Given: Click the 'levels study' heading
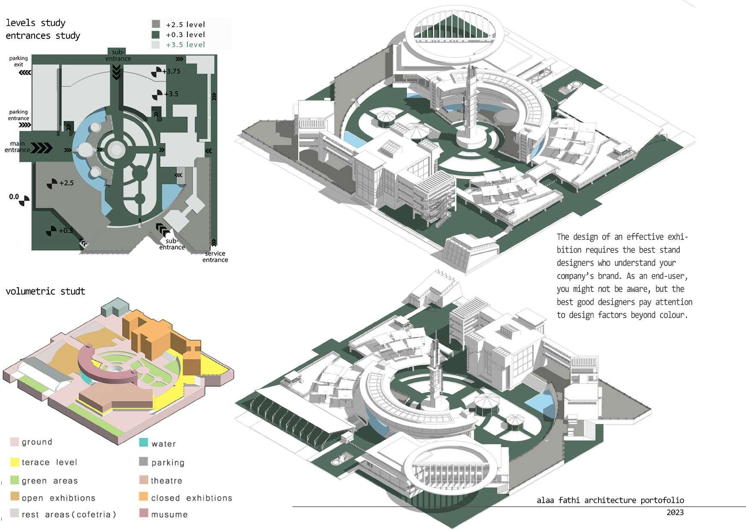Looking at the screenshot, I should (x=36, y=23).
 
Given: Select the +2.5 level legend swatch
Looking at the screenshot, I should (x=156, y=24).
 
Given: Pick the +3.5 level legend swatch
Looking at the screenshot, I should (x=156, y=44).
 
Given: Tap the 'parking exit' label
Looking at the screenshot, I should (x=18, y=61).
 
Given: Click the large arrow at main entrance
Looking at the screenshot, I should (x=42, y=148).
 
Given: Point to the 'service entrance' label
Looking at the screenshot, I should (x=215, y=256).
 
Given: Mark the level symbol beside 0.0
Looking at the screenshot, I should (x=24, y=200).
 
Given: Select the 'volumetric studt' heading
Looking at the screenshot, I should (x=45, y=291).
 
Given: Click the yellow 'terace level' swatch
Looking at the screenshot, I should (x=15, y=462).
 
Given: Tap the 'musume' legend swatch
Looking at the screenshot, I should (x=143, y=513).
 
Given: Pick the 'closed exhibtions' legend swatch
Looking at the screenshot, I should (x=143, y=497).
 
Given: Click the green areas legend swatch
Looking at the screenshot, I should (x=15, y=480).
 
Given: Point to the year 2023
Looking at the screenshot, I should (x=675, y=512).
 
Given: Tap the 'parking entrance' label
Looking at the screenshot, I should (x=18, y=115).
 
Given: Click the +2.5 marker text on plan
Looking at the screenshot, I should (x=66, y=183).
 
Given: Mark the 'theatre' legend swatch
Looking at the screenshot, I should (x=143, y=480).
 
